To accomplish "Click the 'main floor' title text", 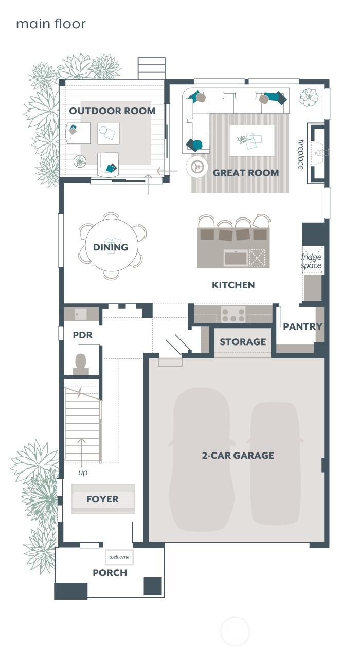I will tap(50, 24).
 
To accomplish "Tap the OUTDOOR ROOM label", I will tap(112, 111).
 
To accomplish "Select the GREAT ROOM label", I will tap(246, 173).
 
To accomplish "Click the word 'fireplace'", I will tap(301, 154).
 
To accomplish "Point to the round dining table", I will tap(111, 247).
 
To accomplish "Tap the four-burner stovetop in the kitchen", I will tap(233, 314).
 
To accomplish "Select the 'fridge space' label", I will tap(311, 261).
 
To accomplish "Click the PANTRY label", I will tap(302, 326).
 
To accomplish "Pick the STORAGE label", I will tap(243, 342).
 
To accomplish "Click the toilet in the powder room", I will tap(81, 363).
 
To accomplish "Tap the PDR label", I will tap(82, 335).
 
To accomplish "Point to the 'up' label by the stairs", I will tap(82, 472).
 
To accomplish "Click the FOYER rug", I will tap(103, 499).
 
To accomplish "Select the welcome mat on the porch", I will tap(119, 557).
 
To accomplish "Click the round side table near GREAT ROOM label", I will tap(196, 166).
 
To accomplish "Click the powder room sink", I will tap(81, 314).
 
